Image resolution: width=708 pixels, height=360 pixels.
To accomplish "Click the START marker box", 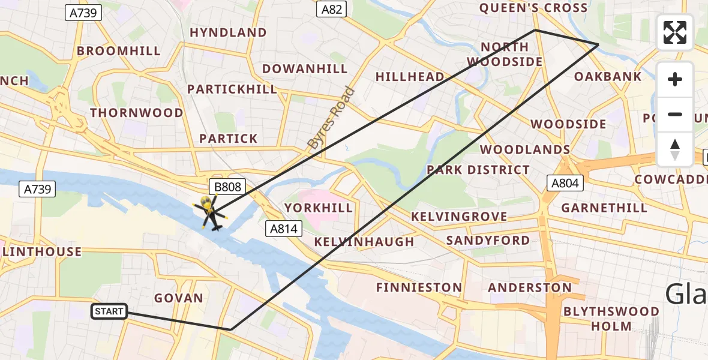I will click(109, 311).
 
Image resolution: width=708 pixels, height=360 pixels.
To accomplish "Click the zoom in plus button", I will click(675, 80).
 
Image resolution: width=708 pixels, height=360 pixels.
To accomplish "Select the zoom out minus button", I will click(675, 115).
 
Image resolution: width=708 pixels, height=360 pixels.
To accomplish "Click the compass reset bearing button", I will click(675, 149).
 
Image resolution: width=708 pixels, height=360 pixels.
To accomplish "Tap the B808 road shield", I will click(228, 187).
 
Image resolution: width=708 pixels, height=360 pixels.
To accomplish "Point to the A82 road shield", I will click(332, 8).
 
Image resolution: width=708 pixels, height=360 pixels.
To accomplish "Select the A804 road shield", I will click(565, 183).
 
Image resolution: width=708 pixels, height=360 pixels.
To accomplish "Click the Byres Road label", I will click(331, 119).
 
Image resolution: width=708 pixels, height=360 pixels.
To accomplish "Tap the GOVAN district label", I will click(179, 298).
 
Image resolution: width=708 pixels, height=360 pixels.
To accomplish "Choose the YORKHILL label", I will click(319, 208).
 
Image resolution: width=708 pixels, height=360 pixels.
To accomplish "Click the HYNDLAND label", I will click(228, 32).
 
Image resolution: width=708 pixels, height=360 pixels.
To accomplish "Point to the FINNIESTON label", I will click(419, 287).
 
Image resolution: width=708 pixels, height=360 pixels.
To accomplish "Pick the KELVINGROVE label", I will click(460, 217).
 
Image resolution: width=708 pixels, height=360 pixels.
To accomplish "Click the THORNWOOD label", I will click(137, 113).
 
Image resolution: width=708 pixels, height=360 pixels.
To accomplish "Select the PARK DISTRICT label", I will click(478, 170).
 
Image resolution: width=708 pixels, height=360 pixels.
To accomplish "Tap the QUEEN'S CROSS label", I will click(533, 8).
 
